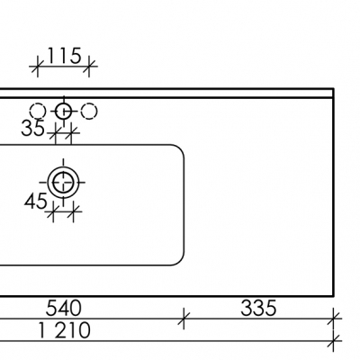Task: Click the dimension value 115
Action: [x=64, y=57]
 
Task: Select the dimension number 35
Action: [x=33, y=129]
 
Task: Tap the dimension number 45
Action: [x=35, y=202]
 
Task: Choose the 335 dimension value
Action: [x=258, y=310]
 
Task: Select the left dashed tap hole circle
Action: [x=38, y=111]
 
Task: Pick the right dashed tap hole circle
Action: [x=89, y=111]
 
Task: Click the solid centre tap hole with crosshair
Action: [x=63, y=111]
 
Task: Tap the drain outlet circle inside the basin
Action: [x=63, y=184]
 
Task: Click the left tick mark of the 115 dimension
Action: [x=38, y=66]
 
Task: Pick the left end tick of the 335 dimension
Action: [x=184, y=317]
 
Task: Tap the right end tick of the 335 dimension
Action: [x=335, y=317]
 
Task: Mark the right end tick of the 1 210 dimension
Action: [x=335, y=339]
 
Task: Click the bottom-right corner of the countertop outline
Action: [x=334, y=292]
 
